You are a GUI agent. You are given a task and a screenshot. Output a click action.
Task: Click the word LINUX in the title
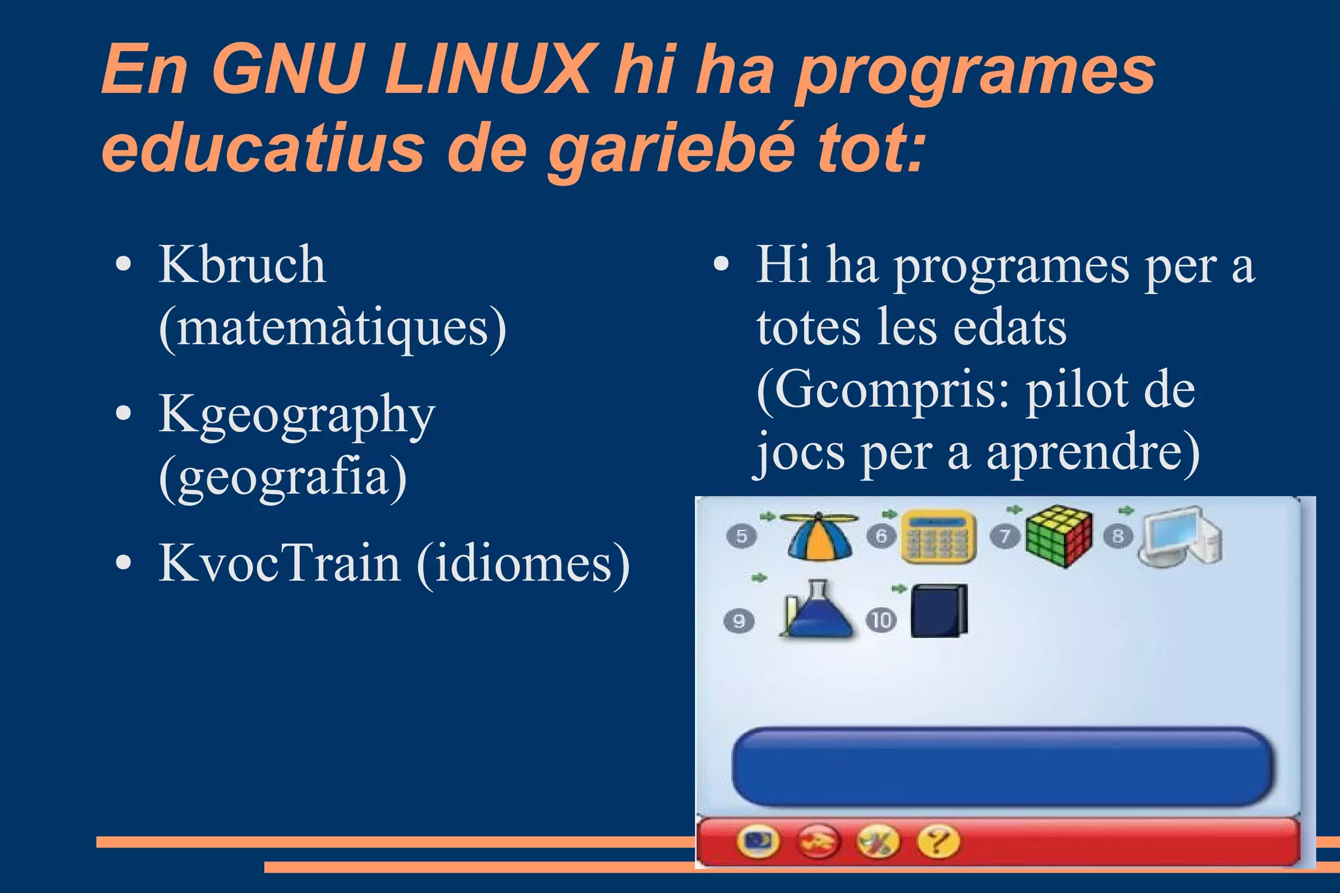coord(487,69)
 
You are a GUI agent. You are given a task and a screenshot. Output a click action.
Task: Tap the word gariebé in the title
coord(670,148)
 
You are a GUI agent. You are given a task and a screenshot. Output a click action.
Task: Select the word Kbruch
coord(242,265)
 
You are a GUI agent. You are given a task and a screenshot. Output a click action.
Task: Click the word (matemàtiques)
coord(332,326)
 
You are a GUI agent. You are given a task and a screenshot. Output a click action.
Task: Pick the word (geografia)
coord(283,477)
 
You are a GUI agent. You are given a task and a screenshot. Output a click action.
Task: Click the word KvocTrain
coord(279,563)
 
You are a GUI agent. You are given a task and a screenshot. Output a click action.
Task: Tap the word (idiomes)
coord(523,563)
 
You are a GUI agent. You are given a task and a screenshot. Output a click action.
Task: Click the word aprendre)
coord(1093,452)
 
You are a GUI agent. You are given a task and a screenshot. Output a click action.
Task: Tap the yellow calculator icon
coord(939,536)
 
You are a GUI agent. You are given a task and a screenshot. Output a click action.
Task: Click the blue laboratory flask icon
coord(816,610)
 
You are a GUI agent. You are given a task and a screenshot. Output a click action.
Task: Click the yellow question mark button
coord(938,842)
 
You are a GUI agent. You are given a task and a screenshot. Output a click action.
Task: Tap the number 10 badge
coord(881,620)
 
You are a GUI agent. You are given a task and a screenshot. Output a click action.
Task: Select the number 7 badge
coord(1004,536)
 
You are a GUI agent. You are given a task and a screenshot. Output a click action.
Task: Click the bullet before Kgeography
coord(123,414)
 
